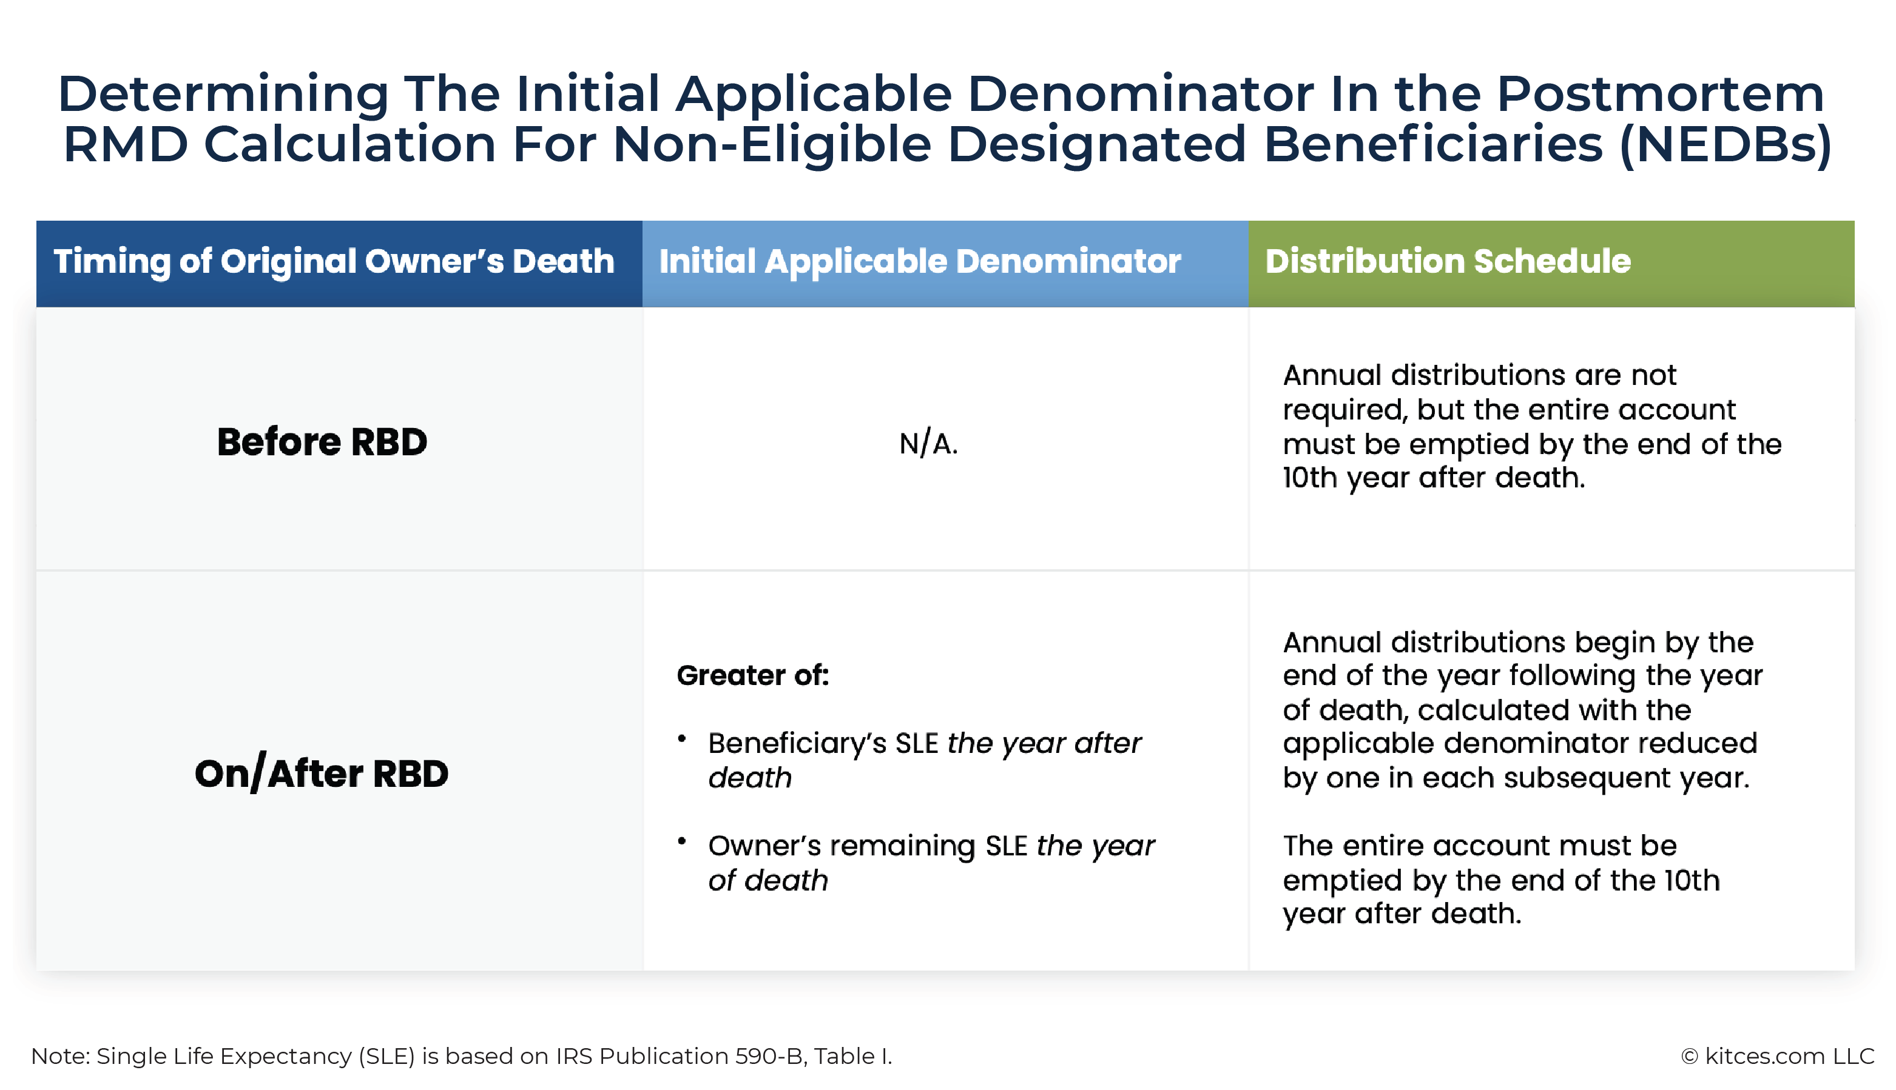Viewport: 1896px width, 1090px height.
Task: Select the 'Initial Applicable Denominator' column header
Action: coord(920,261)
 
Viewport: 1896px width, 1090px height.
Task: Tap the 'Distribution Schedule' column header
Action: coord(1447,261)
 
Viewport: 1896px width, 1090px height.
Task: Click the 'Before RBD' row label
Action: coord(322,442)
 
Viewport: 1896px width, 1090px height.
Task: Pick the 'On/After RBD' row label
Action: coord(322,774)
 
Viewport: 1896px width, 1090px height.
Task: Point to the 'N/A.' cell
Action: coord(928,444)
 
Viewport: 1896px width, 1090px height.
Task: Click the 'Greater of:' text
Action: coord(753,675)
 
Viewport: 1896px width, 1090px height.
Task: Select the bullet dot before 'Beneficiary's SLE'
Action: coord(682,739)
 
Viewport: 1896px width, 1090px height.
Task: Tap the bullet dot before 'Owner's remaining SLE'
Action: coord(682,841)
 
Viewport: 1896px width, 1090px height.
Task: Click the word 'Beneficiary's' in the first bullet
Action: coord(797,743)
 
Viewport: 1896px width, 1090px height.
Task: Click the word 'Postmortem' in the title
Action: coord(1660,95)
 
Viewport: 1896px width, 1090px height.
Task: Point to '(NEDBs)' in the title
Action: coord(1725,144)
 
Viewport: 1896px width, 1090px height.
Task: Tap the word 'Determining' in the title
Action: coord(223,95)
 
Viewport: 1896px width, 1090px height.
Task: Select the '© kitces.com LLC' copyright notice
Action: coord(1778,1055)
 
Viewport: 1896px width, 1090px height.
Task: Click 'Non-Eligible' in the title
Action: coord(772,144)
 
